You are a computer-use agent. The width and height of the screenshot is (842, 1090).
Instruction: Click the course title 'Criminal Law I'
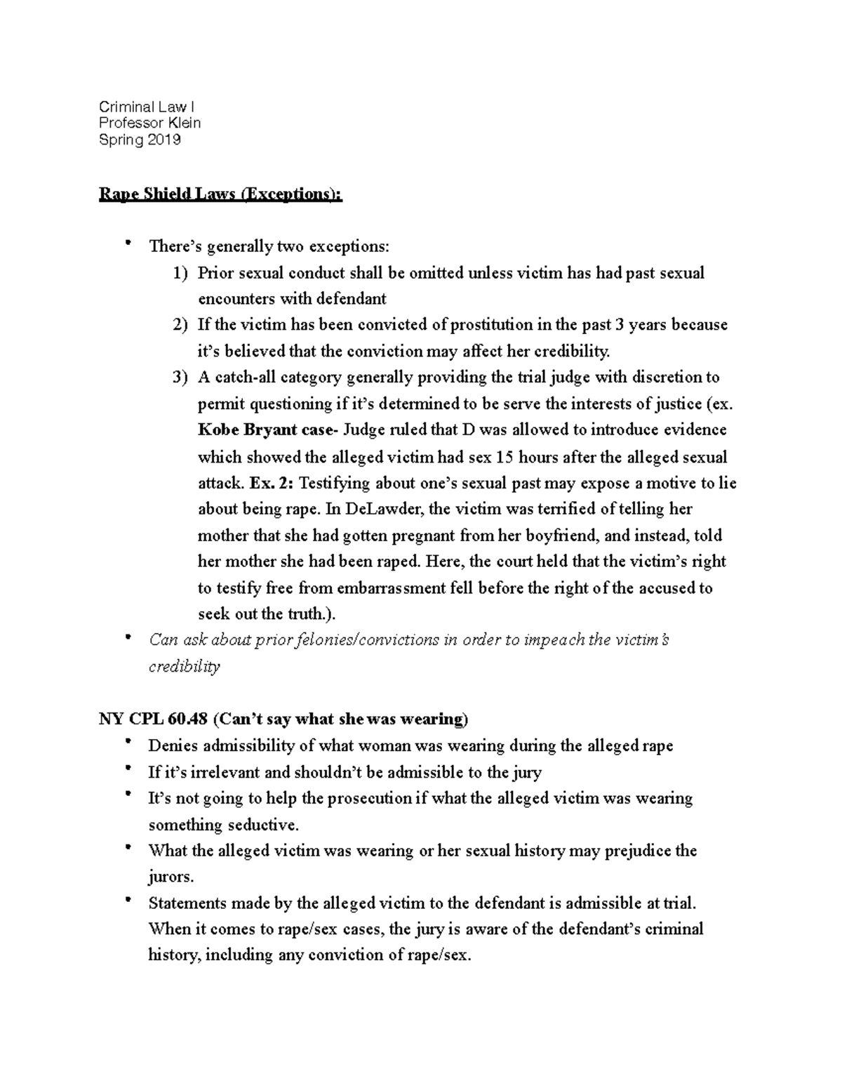tap(147, 107)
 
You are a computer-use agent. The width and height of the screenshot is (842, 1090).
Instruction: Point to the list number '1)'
tap(180, 273)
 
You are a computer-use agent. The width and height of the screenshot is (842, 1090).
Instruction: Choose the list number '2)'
tap(180, 325)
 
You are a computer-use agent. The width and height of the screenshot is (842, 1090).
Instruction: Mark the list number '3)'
tap(180, 378)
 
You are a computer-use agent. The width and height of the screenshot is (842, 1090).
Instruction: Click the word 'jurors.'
tap(171, 877)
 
